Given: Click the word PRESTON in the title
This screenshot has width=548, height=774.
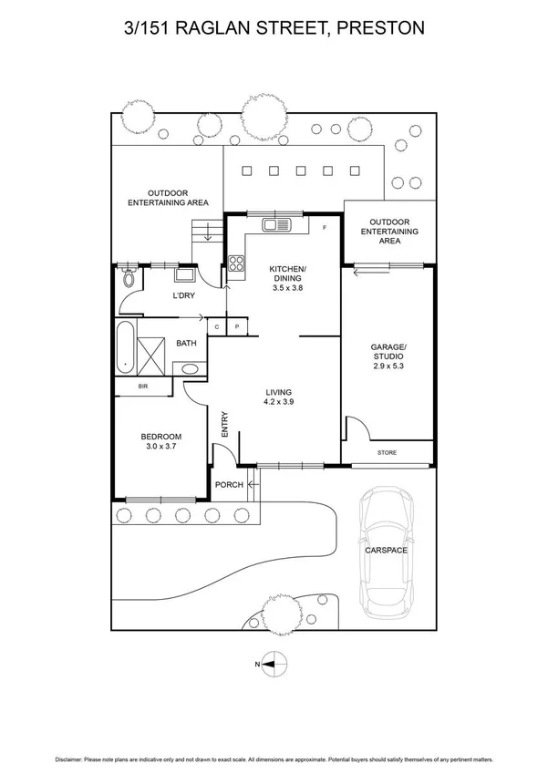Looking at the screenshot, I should pyautogui.click(x=380, y=28).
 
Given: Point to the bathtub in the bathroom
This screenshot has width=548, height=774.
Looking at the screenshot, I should pyautogui.click(x=124, y=347).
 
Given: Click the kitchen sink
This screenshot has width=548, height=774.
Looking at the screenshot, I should pyautogui.click(x=274, y=224).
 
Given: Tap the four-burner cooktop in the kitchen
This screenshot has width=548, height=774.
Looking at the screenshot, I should pyautogui.click(x=236, y=264).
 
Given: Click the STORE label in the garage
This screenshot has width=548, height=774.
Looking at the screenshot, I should pyautogui.click(x=387, y=453).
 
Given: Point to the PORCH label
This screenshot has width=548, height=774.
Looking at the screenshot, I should pyautogui.click(x=229, y=485).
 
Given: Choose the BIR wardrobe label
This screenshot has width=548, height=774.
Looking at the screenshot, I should pyautogui.click(x=143, y=387).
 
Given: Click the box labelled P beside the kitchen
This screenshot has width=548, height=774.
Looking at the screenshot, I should pyautogui.click(x=236, y=325).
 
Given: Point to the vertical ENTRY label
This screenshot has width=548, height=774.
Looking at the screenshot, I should pyautogui.click(x=222, y=424).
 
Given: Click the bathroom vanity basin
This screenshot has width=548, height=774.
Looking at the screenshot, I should pyautogui.click(x=190, y=368).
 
